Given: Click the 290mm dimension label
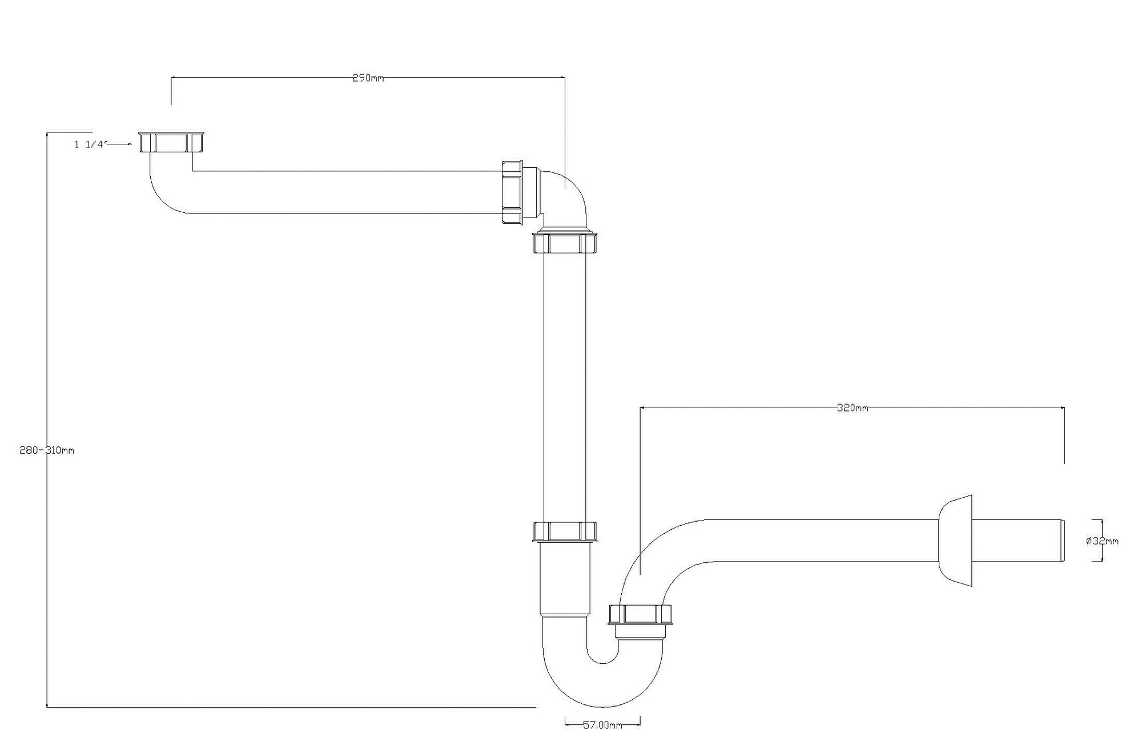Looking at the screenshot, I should coord(368,78).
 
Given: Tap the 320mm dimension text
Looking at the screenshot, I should coord(852,408).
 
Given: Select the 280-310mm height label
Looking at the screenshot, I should coord(47,450).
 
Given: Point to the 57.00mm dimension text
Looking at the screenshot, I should coord(602,725).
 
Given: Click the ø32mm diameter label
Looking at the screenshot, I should coord(1102,541).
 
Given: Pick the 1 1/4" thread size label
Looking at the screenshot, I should coord(90,144).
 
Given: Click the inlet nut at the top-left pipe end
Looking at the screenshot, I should coord(171,142).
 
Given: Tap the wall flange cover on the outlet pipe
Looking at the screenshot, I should coord(956,541).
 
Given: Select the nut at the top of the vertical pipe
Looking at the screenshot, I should coord(564,243).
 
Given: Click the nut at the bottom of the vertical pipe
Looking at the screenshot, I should coord(564,531).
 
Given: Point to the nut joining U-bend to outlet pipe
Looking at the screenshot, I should coord(640,614).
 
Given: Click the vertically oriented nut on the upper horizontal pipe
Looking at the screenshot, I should coord(512,192).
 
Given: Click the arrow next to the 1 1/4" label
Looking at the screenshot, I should coord(120,144).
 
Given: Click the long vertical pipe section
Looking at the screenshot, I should coord(564,388).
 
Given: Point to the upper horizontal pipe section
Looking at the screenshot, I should coord(343,192).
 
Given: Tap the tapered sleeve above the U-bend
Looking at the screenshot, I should coord(564,579).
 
